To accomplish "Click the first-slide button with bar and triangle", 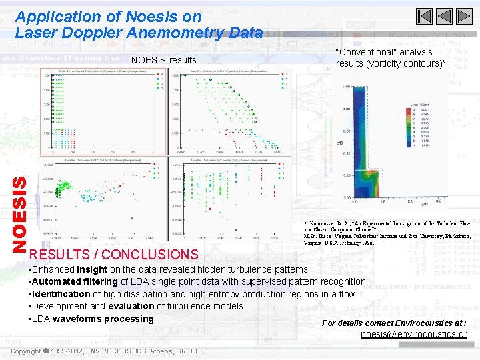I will point(424,16).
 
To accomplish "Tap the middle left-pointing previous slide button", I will point(445,16).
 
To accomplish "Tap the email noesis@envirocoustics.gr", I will point(414,334).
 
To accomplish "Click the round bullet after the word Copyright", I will point(47,351).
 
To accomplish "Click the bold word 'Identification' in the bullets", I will point(61,294).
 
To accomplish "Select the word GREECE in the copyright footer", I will point(191,351).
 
